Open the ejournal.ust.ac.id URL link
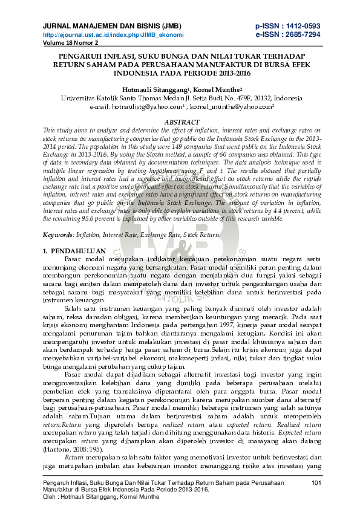tap(113, 35)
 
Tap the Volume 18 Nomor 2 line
tap(70, 44)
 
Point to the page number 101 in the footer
tap(315, 482)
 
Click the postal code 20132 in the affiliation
tap(260, 97)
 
